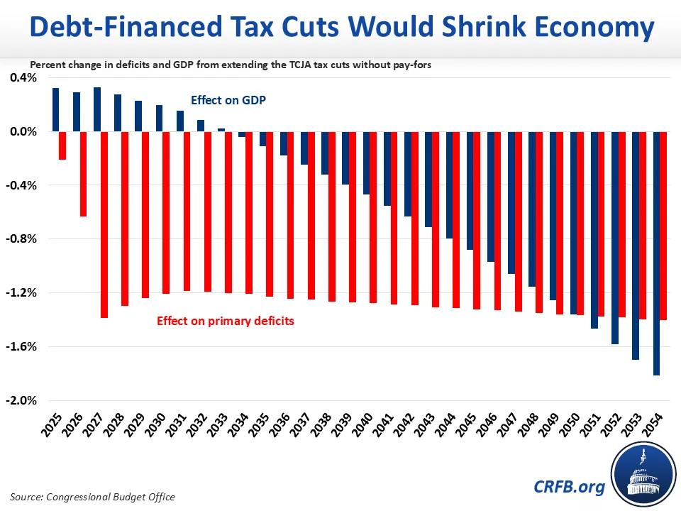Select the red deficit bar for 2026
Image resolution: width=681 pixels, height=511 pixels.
[83, 174]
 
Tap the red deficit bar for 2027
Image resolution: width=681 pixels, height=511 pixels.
[104, 224]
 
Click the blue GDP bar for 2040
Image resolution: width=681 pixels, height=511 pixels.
[367, 163]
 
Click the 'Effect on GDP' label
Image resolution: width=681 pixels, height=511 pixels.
[228, 101]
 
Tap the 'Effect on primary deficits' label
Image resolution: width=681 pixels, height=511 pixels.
[226, 321]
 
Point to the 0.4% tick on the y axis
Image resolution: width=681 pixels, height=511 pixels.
[23, 77]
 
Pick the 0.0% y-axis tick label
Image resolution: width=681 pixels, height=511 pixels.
[23, 131]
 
